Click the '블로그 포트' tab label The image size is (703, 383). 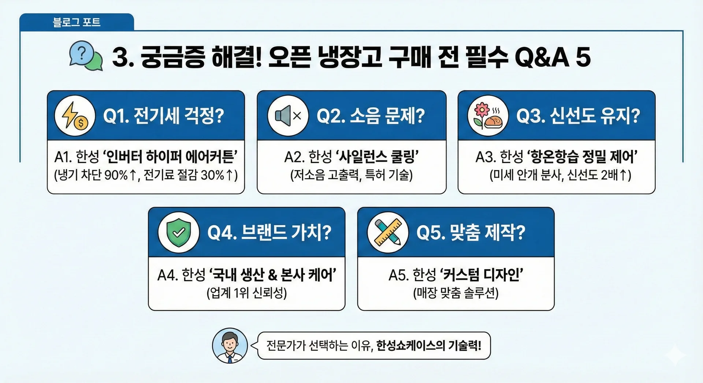[76, 22]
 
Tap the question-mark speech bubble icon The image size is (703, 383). [86, 56]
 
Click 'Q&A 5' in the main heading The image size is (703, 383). [553, 57]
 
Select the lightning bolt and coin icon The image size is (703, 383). [75, 116]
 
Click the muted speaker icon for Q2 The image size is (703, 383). [288, 116]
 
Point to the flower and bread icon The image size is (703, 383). [488, 116]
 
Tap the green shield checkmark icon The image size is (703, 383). [179, 232]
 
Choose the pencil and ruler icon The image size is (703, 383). [388, 232]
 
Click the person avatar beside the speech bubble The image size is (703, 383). [230, 346]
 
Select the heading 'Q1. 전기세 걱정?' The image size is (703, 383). [163, 116]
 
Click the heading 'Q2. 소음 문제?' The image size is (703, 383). [371, 116]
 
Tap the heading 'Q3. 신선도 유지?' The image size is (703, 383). [578, 116]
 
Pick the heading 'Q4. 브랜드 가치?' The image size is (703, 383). [269, 232]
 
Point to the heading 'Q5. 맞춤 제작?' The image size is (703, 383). [471, 232]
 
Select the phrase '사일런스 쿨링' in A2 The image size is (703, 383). [377, 157]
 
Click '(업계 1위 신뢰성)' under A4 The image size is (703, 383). [247, 293]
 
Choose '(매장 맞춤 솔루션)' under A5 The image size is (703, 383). [456, 293]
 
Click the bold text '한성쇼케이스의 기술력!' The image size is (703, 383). [429, 346]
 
